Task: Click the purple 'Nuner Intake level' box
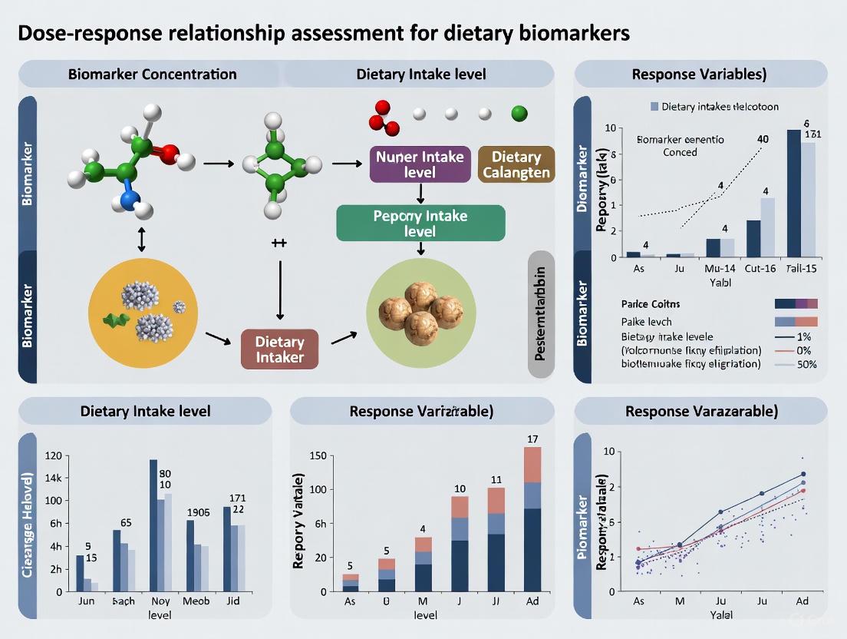[x=420, y=164]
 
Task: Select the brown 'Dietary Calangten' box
[x=516, y=164]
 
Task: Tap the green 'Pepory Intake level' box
[x=420, y=223]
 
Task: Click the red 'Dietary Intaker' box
[x=279, y=349]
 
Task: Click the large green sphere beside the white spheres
[x=519, y=114]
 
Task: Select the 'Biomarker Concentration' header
[x=152, y=74]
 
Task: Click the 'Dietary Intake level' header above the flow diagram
[x=420, y=74]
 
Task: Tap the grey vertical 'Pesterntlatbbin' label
[x=541, y=315]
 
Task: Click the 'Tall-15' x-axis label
[x=803, y=268]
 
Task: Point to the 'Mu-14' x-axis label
[x=720, y=268]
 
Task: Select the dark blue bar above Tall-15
[x=794, y=194]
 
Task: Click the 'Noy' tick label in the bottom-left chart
[x=160, y=601]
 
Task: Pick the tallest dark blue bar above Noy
[x=153, y=525]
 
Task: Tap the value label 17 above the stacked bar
[x=532, y=439]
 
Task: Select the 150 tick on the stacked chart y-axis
[x=317, y=455]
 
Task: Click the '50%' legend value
[x=806, y=364]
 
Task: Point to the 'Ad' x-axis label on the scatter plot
[x=803, y=601]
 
